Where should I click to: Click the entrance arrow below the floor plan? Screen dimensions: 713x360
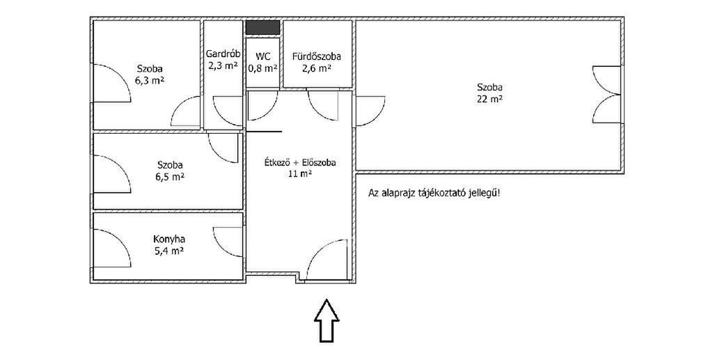pos(327,320)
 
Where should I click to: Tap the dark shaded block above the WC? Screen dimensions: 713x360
pos(263,27)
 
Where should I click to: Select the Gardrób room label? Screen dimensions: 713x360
pos(223,52)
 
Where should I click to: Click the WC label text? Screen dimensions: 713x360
pos(263,57)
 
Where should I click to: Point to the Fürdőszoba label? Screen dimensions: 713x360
pos(317,57)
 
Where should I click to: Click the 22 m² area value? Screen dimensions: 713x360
pos(489,99)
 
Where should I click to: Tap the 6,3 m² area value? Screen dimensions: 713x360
pos(150,81)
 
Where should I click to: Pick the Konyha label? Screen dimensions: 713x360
pos(170,239)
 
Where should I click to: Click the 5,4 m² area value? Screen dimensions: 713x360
pos(169,250)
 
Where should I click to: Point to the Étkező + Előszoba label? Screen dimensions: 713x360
pos(300,162)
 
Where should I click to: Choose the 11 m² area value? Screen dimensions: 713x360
pos(300,173)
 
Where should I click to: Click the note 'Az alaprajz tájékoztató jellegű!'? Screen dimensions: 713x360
pos(434,193)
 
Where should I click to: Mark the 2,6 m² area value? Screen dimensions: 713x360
pos(317,68)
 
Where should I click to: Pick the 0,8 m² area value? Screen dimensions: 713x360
pos(263,68)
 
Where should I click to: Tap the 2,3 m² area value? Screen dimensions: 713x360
pos(223,65)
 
